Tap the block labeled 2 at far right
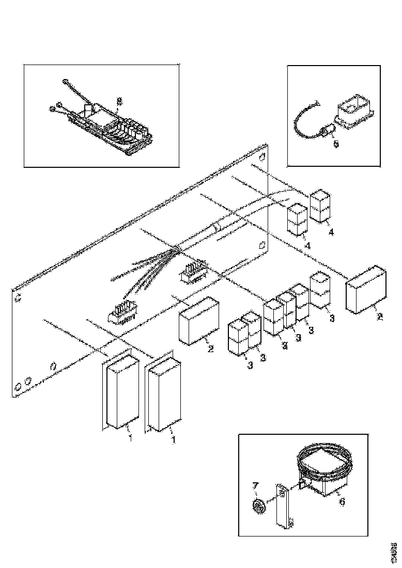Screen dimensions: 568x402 pos(367,289)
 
